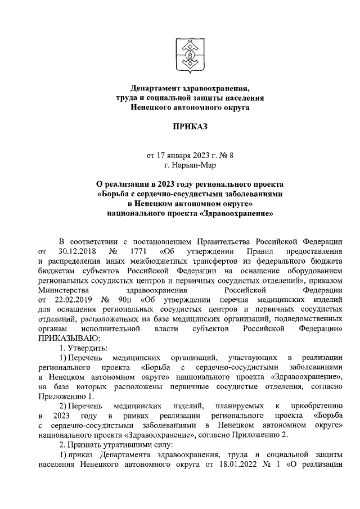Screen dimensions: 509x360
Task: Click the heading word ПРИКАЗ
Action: pos(190,127)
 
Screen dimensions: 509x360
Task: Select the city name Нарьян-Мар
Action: pos(190,165)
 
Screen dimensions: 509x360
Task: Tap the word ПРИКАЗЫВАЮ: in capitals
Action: pos(68,338)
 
